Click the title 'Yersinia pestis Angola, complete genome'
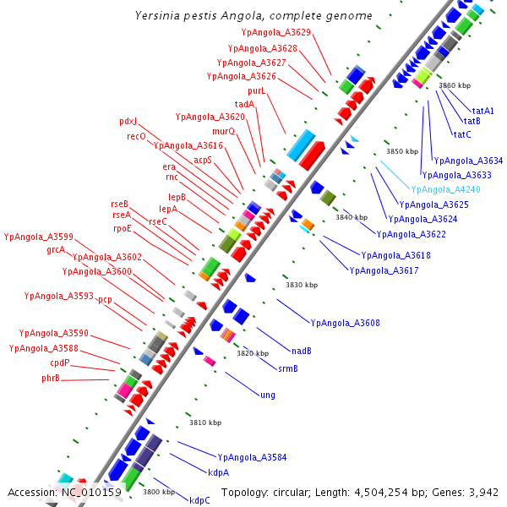(x=253, y=16)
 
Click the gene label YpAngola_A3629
(x=275, y=33)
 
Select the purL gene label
(x=257, y=90)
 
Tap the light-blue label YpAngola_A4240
(x=445, y=190)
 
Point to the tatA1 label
(x=483, y=111)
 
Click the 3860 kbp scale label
(x=455, y=86)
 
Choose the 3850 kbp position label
(x=402, y=152)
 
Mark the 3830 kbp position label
(x=300, y=286)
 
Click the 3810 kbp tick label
(x=204, y=422)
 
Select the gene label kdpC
(x=199, y=500)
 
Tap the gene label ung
(x=268, y=395)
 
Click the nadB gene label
(x=302, y=351)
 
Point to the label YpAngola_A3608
(x=345, y=323)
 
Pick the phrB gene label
(x=51, y=378)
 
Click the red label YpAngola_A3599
(x=39, y=237)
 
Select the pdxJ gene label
(x=128, y=122)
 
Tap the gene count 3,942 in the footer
(x=483, y=492)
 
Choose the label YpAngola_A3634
(x=467, y=161)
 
